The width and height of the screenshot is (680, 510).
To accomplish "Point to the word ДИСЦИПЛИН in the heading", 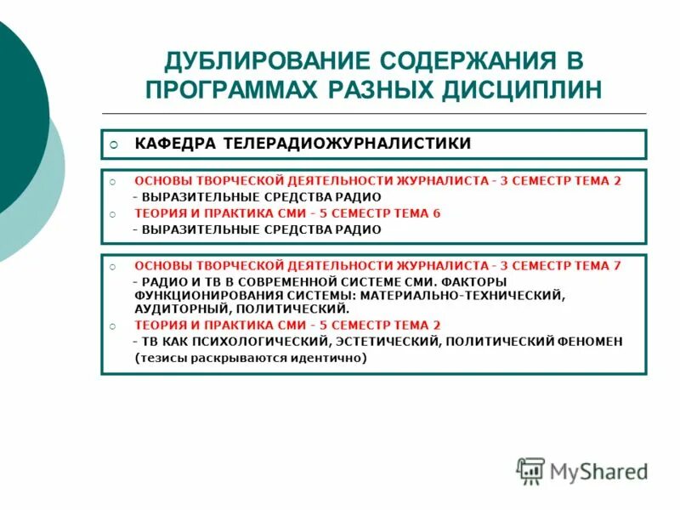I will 526,90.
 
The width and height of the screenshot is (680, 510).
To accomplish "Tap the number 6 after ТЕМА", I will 437,213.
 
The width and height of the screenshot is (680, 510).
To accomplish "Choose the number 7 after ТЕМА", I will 617,266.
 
